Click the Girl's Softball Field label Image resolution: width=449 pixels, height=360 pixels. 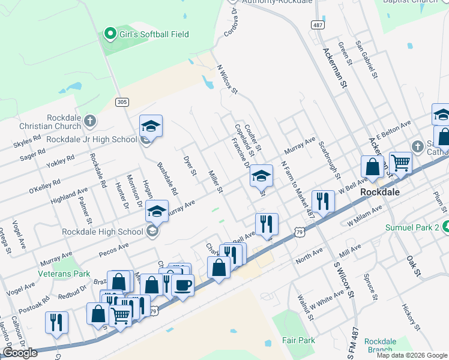154,34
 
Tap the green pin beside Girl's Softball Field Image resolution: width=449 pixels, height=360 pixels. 110,34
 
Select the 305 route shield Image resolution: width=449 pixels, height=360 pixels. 122,102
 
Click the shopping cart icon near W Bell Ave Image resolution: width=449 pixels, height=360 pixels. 400,162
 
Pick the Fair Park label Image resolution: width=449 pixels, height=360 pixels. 298,340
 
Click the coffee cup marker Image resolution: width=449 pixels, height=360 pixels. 182,283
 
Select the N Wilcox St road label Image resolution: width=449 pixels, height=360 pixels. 228,80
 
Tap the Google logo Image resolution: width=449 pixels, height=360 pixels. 20,353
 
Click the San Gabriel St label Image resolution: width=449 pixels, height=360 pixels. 366,60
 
